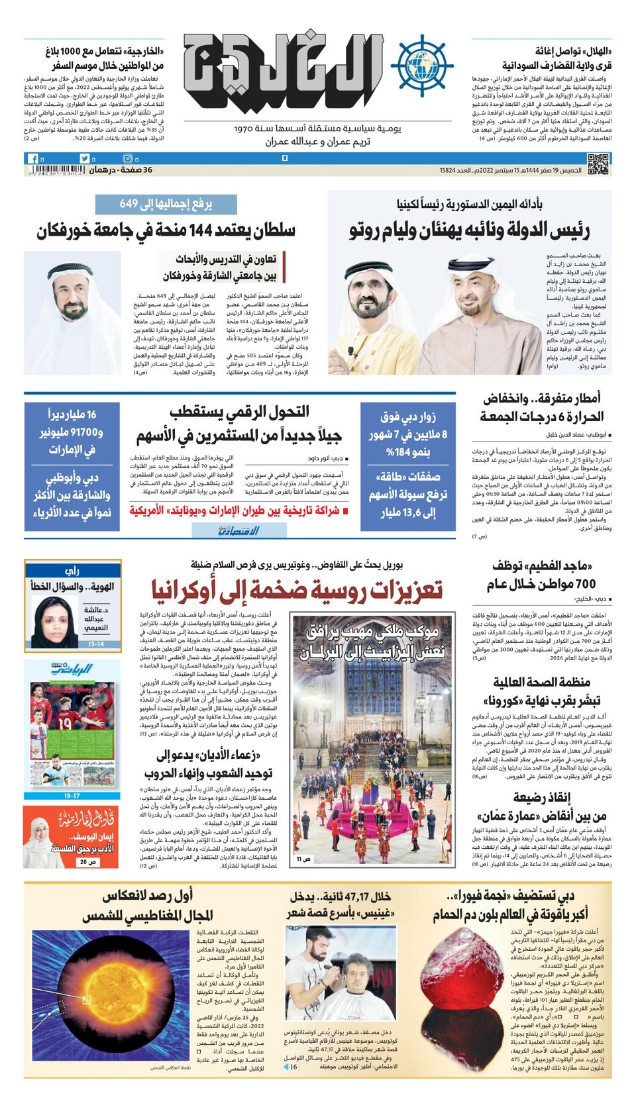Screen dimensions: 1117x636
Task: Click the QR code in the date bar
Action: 598,164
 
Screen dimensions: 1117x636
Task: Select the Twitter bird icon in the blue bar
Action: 84,159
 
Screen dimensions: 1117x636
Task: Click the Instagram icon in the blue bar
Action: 128,159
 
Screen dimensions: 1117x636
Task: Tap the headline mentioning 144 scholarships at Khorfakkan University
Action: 166,230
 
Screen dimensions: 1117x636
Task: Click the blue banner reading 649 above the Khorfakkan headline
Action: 166,204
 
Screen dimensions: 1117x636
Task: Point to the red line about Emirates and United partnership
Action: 235,510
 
